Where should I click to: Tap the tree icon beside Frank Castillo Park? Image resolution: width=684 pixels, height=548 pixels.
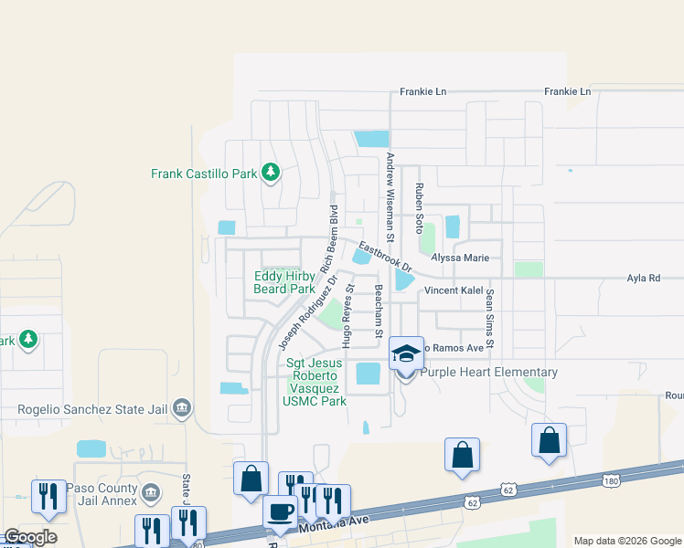pyautogui.click(x=270, y=172)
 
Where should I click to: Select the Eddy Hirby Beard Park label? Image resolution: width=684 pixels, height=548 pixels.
pyautogui.click(x=284, y=282)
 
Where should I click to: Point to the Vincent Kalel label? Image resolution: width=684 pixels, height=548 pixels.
pyautogui.click(x=454, y=290)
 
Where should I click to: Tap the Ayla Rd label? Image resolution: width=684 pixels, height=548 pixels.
pyautogui.click(x=643, y=278)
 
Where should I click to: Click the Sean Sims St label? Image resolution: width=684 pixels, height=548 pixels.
pyautogui.click(x=490, y=319)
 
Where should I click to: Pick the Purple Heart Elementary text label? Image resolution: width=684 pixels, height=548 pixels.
pyautogui.click(x=493, y=372)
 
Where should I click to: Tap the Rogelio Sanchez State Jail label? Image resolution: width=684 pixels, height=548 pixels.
pyautogui.click(x=91, y=407)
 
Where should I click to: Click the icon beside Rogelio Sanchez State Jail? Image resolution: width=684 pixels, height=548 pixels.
pyautogui.click(x=181, y=407)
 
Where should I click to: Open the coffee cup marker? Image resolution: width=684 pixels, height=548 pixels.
pyautogui.click(x=279, y=511)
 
